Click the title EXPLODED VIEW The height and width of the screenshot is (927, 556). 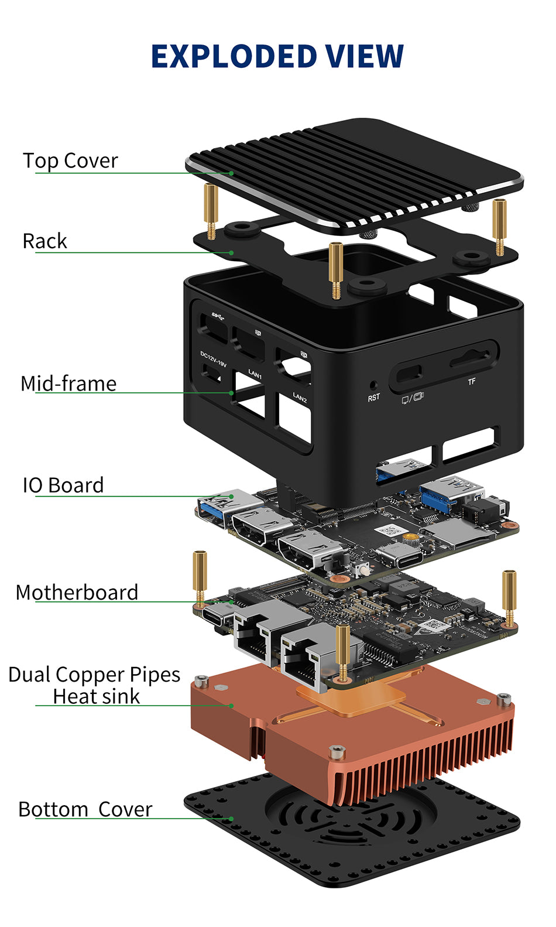[x=277, y=57]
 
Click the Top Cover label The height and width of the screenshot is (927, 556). [x=70, y=160]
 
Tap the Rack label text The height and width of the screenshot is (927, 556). [x=45, y=241]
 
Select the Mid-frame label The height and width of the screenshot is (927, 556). [x=68, y=384]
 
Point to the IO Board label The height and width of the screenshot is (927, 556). [x=63, y=485]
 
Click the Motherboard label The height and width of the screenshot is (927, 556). [x=77, y=593]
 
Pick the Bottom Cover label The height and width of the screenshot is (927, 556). [x=85, y=809]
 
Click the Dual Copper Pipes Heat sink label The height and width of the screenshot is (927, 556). [x=94, y=686]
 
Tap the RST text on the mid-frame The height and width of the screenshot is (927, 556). [x=373, y=398]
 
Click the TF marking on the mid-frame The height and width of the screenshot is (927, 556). [x=472, y=382]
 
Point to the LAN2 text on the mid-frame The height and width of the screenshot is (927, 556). [x=300, y=398]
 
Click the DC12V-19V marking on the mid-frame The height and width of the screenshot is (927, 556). [x=213, y=359]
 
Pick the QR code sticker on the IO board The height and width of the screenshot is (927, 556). [x=389, y=532]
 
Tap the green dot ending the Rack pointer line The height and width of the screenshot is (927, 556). [x=232, y=253]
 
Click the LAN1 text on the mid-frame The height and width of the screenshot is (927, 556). [x=255, y=374]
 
